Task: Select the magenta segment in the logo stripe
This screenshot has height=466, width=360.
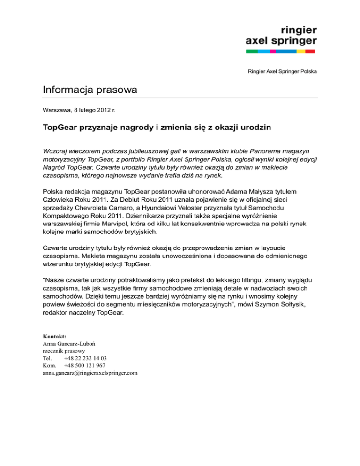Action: tap(273, 51)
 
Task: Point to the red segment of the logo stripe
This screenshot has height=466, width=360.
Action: tap(310, 51)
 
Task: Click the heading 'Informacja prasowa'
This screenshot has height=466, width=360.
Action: tap(90, 89)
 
